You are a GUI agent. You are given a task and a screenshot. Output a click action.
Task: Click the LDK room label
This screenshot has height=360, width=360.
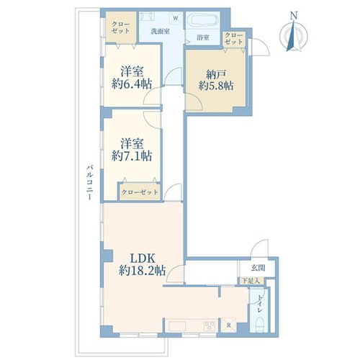(143, 258)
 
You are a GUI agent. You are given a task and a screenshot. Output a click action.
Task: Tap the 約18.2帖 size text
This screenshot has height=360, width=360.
(143, 271)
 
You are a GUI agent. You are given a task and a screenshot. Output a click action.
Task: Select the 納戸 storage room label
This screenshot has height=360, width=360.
(216, 75)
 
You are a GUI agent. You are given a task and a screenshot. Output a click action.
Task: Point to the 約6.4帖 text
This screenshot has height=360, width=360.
(132, 84)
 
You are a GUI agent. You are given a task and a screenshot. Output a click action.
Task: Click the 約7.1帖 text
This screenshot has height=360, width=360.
(132, 156)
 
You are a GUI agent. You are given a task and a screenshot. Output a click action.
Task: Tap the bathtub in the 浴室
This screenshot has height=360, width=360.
(203, 20)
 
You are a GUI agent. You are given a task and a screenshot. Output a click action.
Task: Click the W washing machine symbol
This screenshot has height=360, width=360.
(176, 18)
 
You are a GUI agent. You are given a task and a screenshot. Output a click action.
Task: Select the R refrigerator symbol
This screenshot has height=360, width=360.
(229, 325)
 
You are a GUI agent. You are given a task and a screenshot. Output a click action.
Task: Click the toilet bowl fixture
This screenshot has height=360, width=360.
(259, 324)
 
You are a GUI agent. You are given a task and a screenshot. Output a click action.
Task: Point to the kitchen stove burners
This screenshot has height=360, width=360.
(210, 325)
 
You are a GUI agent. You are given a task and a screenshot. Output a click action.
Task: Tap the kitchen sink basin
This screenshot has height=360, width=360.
(177, 326)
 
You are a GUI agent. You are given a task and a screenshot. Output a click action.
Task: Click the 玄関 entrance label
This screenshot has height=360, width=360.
(258, 268)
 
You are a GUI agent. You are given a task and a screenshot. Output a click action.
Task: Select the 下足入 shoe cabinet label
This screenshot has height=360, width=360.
(251, 281)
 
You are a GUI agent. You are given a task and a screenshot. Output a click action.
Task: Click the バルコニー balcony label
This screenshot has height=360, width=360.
(90, 182)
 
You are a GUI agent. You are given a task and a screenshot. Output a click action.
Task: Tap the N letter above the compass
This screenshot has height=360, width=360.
(294, 16)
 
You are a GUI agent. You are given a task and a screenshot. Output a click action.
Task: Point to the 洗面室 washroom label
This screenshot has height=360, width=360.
(161, 31)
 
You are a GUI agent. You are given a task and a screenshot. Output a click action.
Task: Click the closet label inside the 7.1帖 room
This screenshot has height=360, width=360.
(140, 192)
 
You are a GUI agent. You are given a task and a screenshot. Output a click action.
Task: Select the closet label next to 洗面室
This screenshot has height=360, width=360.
(121, 27)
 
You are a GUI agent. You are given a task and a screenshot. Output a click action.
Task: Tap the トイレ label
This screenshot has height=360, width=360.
(260, 303)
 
